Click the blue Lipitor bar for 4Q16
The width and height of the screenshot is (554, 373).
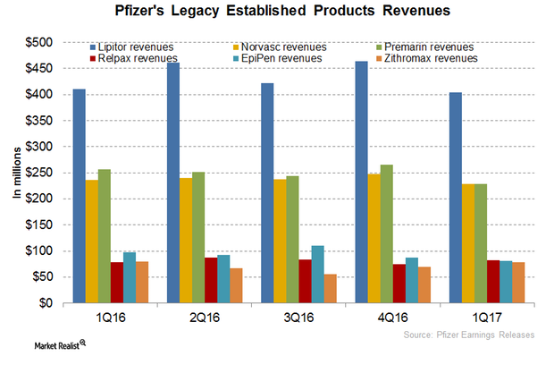click(414, 182)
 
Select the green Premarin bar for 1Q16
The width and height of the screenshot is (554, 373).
click(104, 236)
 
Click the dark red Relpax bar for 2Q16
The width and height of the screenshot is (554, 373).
click(210, 281)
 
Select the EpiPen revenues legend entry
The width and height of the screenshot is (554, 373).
click(274, 58)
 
